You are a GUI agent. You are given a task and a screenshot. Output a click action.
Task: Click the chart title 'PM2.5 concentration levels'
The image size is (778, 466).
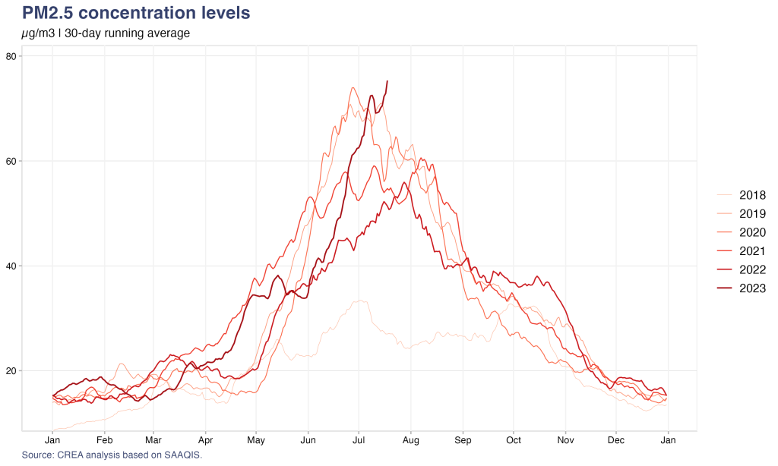136,13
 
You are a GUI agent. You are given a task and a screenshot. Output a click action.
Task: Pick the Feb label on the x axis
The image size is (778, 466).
105,440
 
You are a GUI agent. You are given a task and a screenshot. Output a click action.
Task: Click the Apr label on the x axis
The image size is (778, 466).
205,440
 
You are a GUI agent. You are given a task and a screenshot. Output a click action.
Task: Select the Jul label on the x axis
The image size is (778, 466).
359,440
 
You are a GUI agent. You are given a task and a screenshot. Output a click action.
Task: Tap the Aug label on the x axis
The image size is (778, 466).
411,440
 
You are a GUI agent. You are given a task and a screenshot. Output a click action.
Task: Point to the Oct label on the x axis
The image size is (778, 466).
514,440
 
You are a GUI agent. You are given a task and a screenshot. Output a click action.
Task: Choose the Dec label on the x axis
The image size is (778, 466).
617,440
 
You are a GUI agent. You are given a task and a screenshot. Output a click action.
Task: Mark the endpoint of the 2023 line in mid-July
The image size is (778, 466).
387,81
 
